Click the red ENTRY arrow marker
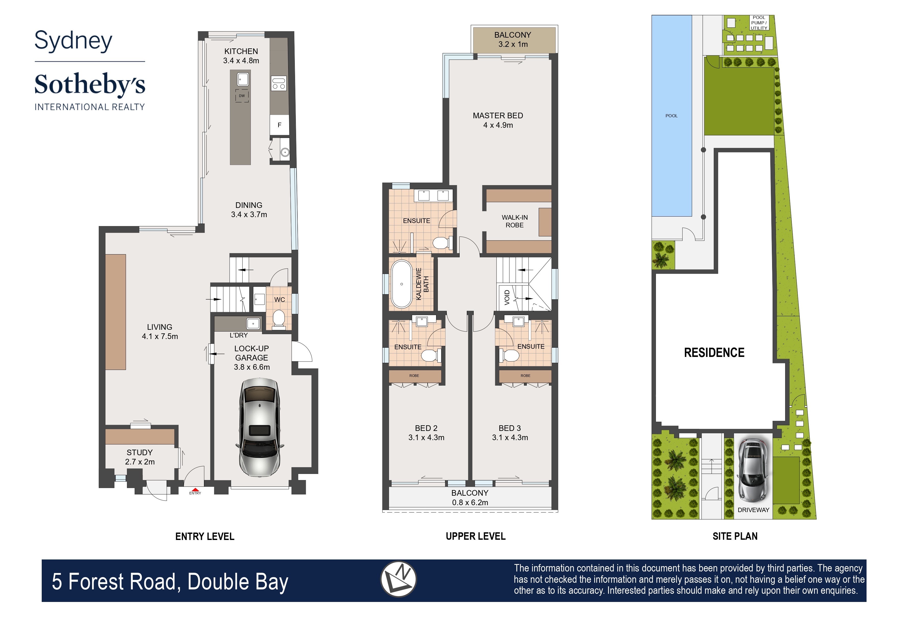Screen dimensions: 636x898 click(x=195, y=490)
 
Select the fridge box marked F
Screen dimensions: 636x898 click(x=279, y=125)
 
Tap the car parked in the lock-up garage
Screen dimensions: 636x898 click(x=259, y=427)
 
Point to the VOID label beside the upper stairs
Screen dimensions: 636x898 click(x=507, y=297)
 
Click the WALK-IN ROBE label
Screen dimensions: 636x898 click(x=514, y=221)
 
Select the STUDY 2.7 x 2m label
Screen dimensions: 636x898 click(x=140, y=457)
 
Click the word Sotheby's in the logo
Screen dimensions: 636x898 click(x=90, y=84)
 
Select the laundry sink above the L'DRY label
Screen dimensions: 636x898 click(x=253, y=323)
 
